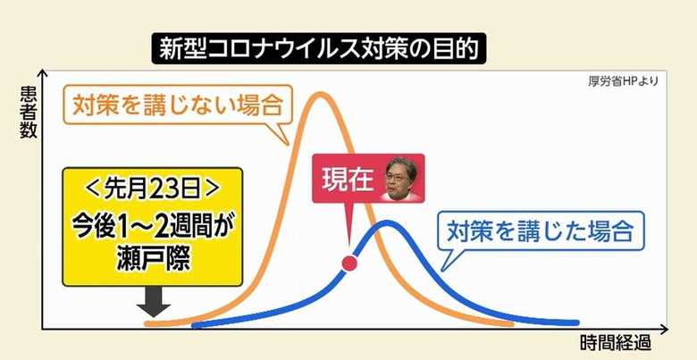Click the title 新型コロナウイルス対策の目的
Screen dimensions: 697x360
(x=319, y=48)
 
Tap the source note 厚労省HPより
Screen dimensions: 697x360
(x=623, y=82)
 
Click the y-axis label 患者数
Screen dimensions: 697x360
(x=29, y=112)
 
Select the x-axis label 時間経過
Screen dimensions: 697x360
(x=616, y=343)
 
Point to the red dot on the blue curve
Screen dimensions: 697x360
(x=349, y=264)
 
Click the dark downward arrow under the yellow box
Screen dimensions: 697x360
(x=154, y=301)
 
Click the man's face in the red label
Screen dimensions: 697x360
(x=401, y=179)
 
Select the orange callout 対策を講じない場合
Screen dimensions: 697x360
(x=178, y=105)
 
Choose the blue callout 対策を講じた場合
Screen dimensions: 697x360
(x=540, y=231)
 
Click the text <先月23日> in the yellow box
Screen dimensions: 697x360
(x=153, y=189)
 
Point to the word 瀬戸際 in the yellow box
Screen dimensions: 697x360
(x=154, y=259)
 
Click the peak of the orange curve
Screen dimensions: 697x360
(x=320, y=94)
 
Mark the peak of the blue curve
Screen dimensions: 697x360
(x=387, y=223)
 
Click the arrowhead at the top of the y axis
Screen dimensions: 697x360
(x=42, y=73)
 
